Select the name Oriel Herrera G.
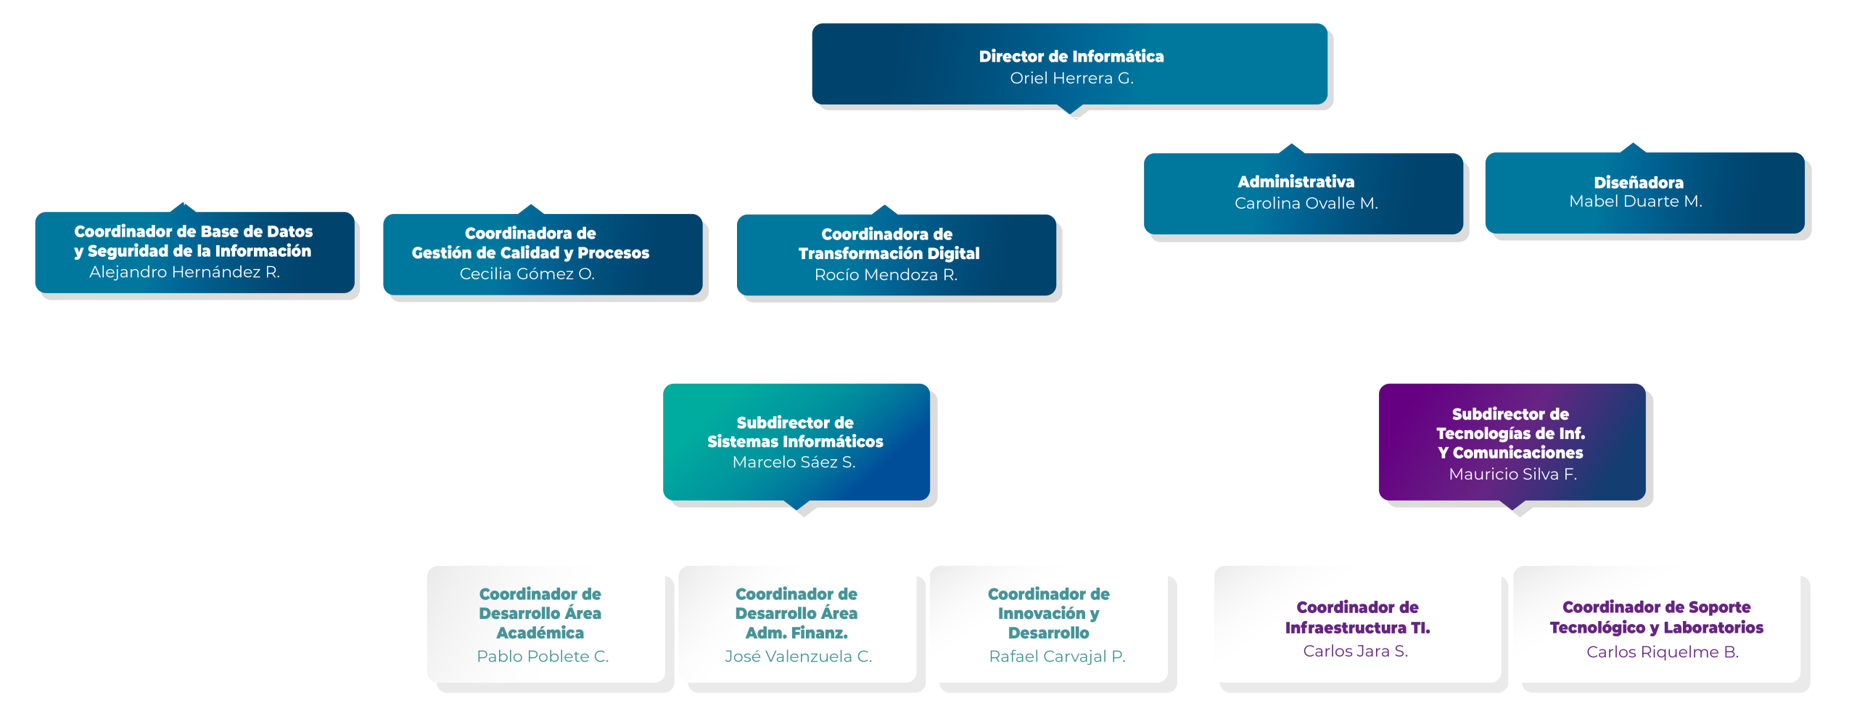(x=1071, y=78)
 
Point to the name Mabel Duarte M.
(x=1635, y=202)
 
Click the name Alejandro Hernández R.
(x=184, y=272)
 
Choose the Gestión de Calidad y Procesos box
(x=543, y=254)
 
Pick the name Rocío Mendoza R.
(x=886, y=275)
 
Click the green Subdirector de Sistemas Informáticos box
(x=796, y=441)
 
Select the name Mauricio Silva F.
(x=1512, y=474)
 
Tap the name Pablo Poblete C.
(x=543, y=657)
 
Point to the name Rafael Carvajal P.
(x=1057, y=657)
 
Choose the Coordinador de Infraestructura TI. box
(x=1356, y=623)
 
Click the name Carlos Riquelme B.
(x=1662, y=652)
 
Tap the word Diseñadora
(x=1638, y=183)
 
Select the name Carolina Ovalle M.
(x=1306, y=204)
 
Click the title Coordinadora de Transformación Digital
(x=888, y=244)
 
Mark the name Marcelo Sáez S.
(x=794, y=462)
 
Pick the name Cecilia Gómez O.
(x=527, y=274)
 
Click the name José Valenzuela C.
(x=798, y=657)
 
